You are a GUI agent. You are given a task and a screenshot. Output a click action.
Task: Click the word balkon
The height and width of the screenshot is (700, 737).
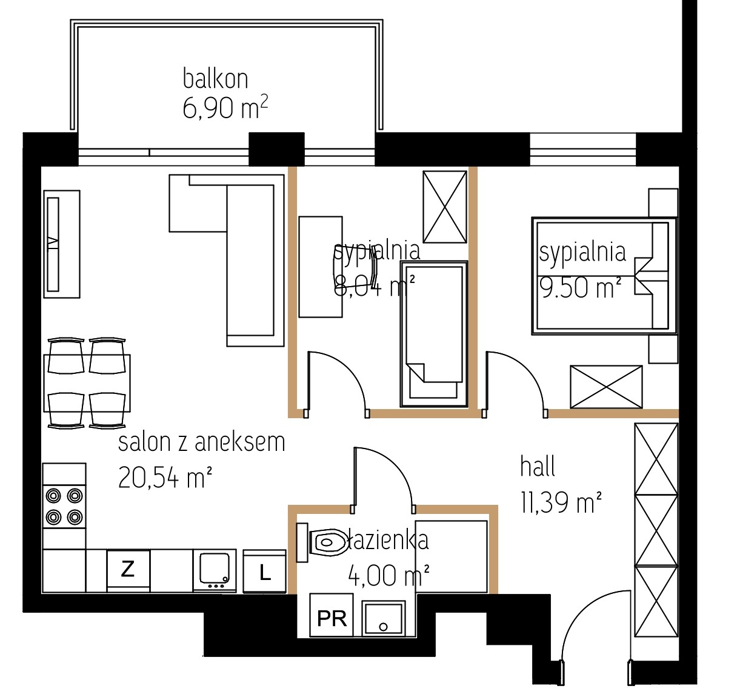tap(215, 78)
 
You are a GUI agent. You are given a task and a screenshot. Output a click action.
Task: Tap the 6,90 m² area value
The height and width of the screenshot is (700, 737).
tap(225, 108)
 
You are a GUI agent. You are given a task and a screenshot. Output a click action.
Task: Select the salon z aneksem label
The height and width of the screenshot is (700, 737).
tap(202, 442)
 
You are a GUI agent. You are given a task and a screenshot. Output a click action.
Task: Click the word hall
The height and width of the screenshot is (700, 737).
tap(538, 467)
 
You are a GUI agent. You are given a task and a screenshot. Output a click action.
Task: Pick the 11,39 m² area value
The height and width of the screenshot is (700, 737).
tap(561, 502)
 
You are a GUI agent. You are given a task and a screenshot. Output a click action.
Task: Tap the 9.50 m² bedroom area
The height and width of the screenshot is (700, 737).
tap(580, 287)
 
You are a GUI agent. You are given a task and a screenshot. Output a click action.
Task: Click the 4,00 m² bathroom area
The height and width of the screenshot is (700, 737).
tap(389, 576)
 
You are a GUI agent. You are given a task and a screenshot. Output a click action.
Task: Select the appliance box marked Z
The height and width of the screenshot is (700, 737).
tap(128, 571)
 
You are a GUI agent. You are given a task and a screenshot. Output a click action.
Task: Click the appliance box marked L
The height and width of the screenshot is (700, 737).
tap(265, 572)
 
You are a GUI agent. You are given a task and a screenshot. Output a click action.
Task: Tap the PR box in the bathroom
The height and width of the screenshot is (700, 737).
tap(332, 615)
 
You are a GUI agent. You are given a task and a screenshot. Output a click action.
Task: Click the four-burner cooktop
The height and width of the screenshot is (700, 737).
tap(64, 507)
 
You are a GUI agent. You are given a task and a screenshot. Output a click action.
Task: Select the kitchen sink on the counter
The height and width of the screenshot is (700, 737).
tap(215, 571)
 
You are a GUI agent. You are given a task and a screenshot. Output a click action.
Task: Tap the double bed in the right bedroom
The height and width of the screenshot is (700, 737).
tap(604, 276)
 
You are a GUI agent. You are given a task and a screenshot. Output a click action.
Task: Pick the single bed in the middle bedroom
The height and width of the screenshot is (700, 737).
tap(434, 334)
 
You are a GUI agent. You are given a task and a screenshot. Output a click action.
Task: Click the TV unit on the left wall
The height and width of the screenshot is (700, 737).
tap(62, 244)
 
